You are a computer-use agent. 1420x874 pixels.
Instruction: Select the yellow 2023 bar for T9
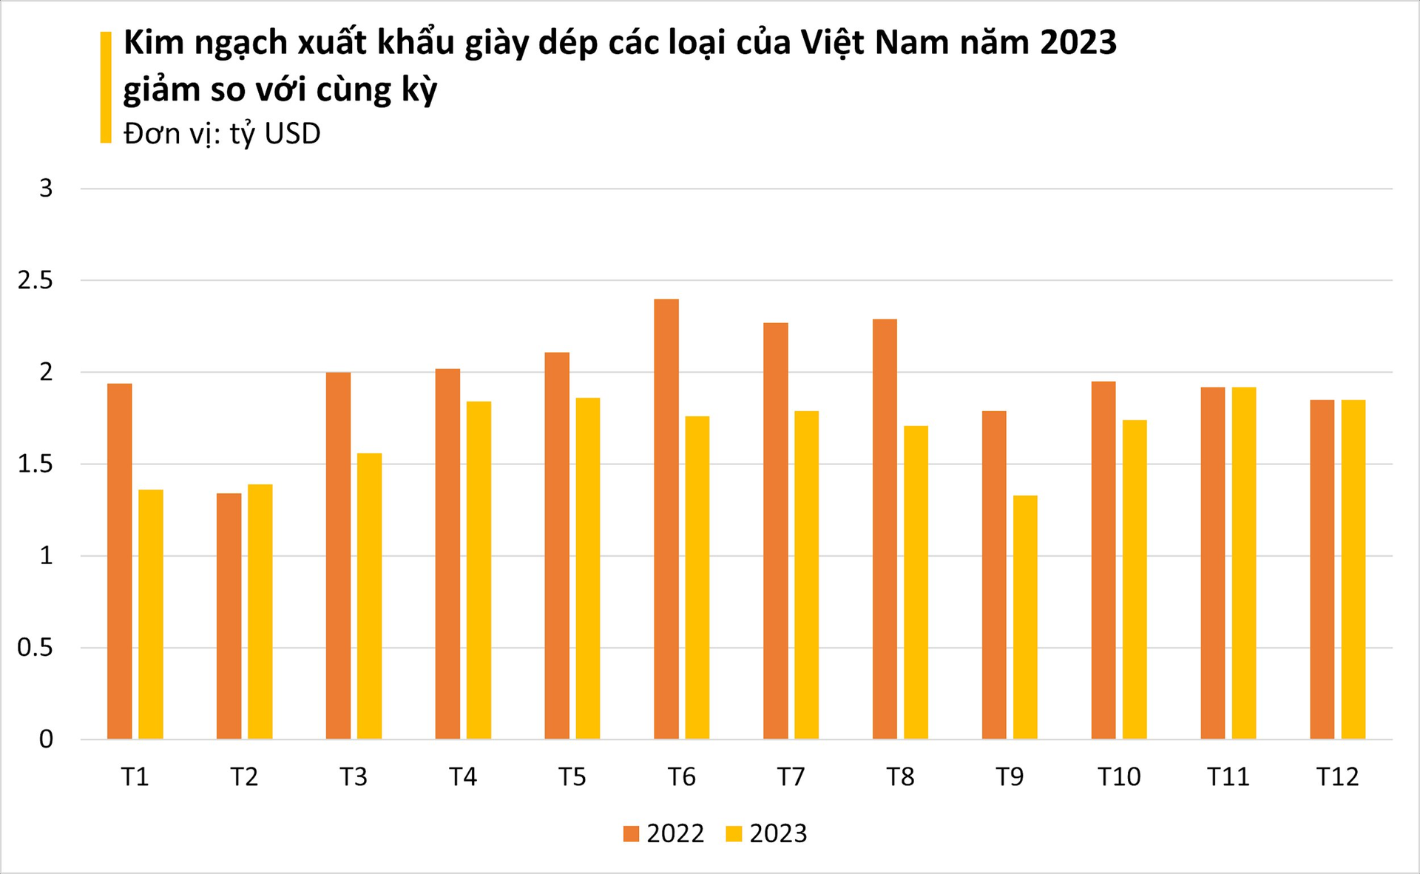[1025, 617]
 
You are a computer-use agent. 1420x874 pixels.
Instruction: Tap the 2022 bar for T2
[229, 616]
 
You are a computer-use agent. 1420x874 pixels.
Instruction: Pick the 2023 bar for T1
[150, 614]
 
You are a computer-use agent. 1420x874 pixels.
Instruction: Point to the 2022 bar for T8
[885, 529]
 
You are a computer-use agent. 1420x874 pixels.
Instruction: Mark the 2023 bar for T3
[369, 596]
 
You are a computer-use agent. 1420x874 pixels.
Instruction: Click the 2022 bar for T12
[1322, 569]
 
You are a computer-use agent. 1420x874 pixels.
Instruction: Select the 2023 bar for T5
[588, 569]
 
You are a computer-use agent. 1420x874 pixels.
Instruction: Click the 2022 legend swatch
[631, 834]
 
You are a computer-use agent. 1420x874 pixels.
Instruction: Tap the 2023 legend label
[778, 833]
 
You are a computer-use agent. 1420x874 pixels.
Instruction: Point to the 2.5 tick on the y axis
[35, 280]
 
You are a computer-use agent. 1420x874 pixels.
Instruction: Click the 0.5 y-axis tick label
[35, 648]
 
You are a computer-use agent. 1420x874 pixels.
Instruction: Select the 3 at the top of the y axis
[46, 189]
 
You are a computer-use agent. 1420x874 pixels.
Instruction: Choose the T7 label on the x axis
[791, 777]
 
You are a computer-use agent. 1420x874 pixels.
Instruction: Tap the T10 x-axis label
[1118, 777]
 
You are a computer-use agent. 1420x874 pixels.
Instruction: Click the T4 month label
[463, 777]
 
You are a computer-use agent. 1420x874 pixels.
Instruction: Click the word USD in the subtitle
[292, 134]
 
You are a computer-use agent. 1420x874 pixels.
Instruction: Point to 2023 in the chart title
[1078, 42]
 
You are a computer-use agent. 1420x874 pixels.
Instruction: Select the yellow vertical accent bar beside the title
[106, 87]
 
